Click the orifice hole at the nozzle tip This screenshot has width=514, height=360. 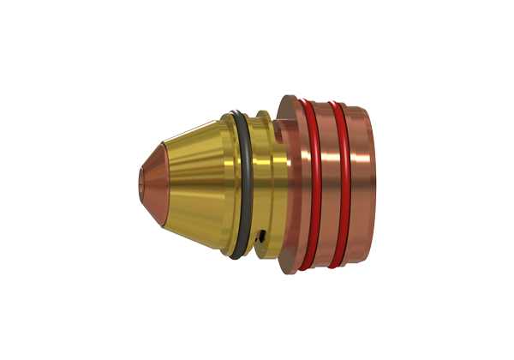pyautogui.click(x=142, y=181)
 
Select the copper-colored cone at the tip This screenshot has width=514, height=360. pyautogui.click(x=154, y=180)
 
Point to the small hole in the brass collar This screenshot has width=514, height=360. pyautogui.click(x=264, y=237)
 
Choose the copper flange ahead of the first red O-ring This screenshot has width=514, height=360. pyautogui.click(x=291, y=180)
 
